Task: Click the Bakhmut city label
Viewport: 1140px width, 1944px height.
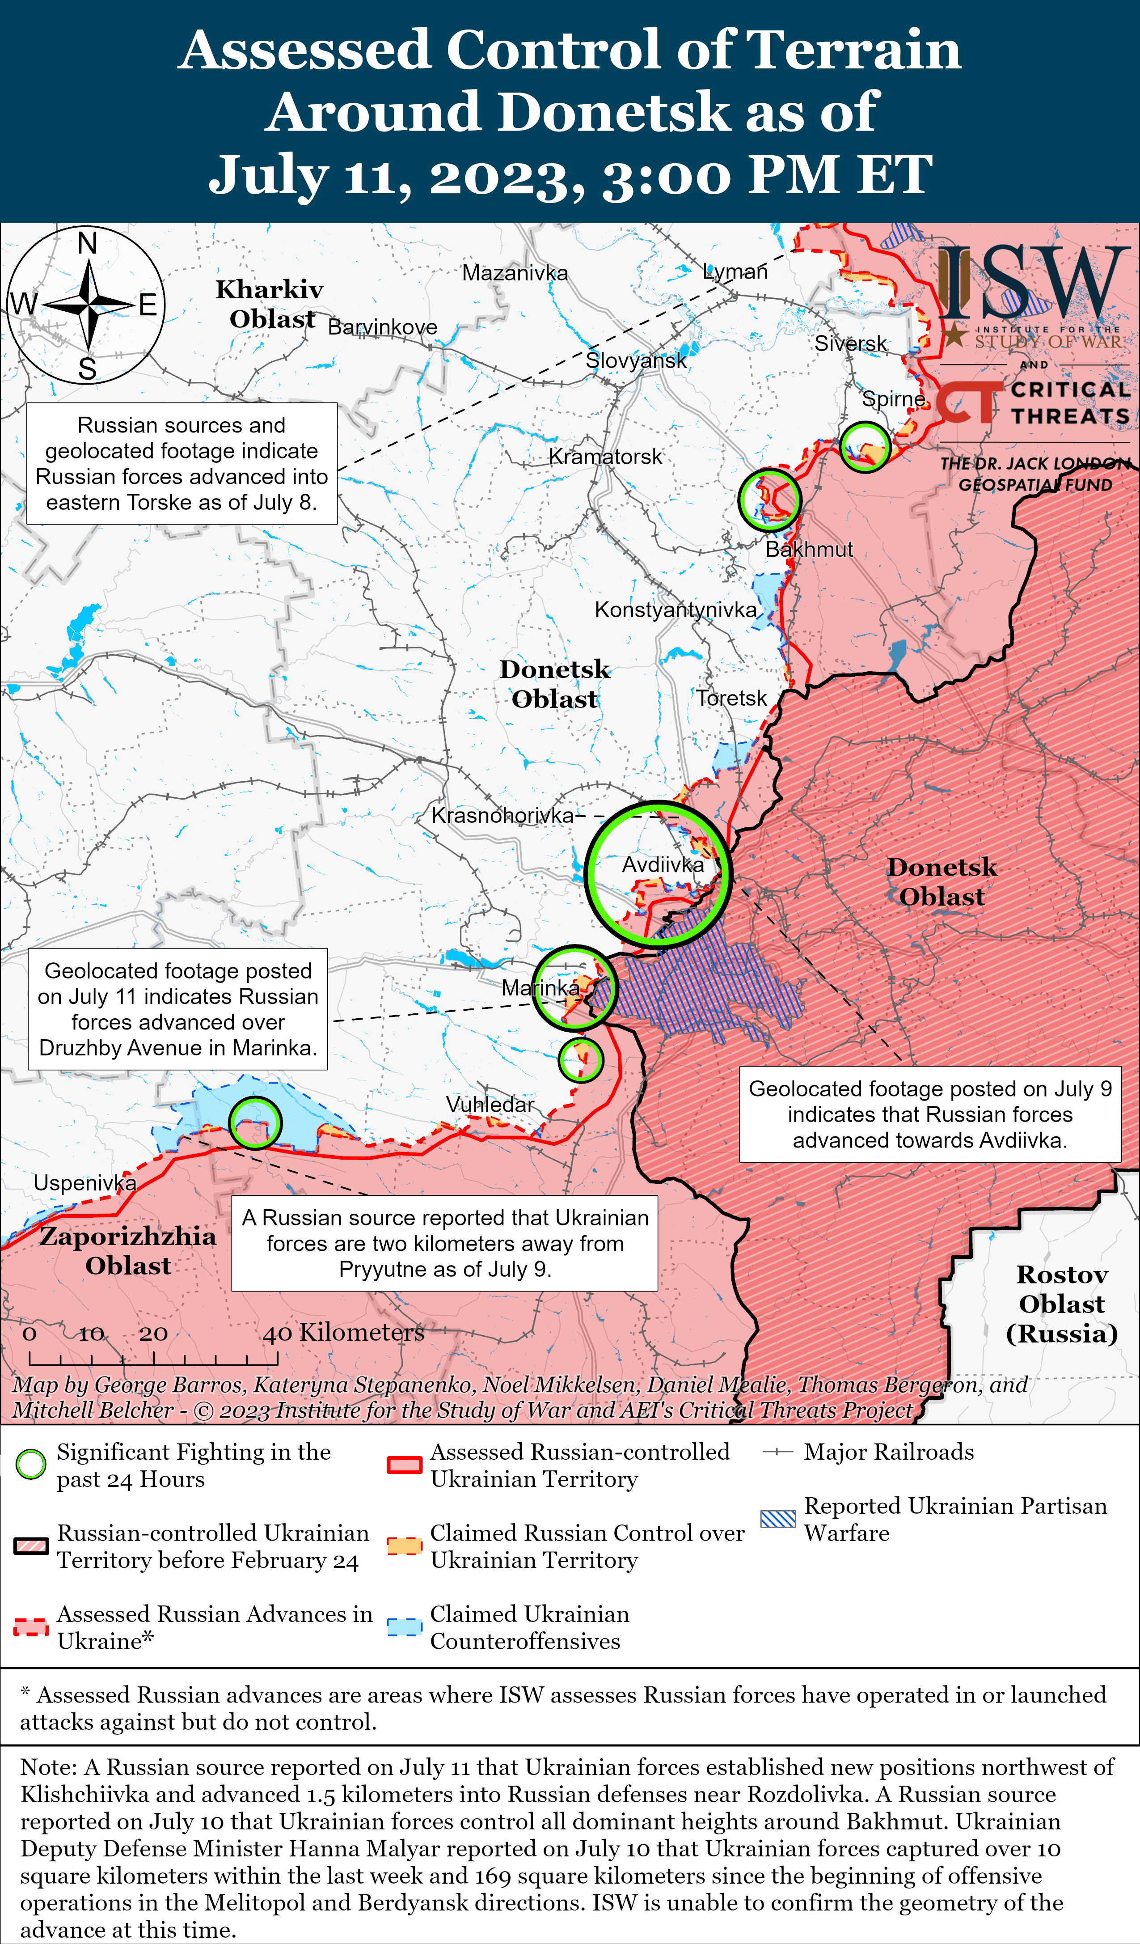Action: click(x=809, y=549)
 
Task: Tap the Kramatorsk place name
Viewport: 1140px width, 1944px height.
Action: click(x=605, y=457)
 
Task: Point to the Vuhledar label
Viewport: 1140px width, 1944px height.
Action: click(x=490, y=1105)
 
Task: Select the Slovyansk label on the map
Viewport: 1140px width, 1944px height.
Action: click(x=636, y=360)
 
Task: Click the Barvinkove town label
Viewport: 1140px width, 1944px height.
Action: click(x=383, y=327)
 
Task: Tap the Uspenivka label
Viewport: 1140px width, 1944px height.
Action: click(x=85, y=1182)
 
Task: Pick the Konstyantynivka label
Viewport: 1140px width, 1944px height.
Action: click(x=676, y=610)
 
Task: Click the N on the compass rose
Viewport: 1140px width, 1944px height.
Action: click(x=87, y=243)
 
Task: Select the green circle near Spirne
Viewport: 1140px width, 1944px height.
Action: click(x=865, y=447)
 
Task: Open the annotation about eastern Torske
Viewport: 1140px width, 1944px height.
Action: click(x=182, y=464)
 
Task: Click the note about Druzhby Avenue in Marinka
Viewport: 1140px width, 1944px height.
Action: click(x=178, y=1009)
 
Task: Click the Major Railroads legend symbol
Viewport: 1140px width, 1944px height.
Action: click(x=777, y=1452)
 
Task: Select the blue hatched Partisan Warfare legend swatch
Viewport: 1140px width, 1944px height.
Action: click(x=777, y=1519)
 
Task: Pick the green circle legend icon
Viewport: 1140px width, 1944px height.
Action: click(x=31, y=1464)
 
